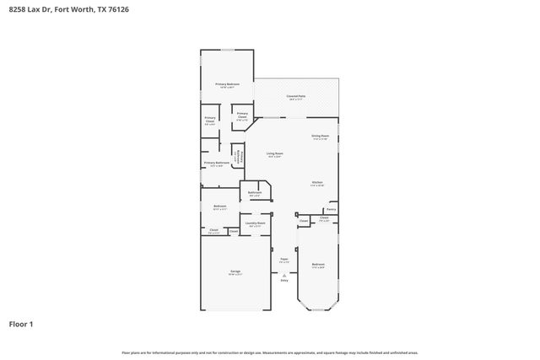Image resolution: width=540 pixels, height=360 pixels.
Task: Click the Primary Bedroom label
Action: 227,84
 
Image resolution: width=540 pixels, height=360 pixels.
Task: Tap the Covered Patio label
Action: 296,97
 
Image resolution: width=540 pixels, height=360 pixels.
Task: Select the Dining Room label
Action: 320,136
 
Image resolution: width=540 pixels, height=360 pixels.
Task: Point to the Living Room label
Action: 275,153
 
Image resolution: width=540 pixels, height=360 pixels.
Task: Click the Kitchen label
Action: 318,183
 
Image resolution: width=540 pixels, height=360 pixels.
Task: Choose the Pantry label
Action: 332,209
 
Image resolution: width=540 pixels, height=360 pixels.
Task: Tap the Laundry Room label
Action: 256,223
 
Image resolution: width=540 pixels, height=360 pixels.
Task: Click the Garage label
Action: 235,271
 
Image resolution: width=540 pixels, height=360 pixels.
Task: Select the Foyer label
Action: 285,260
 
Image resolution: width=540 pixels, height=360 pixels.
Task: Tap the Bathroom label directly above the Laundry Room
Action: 255,193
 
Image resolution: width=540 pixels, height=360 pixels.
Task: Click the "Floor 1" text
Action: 21,323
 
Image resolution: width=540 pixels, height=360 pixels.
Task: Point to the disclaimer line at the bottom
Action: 270,352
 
